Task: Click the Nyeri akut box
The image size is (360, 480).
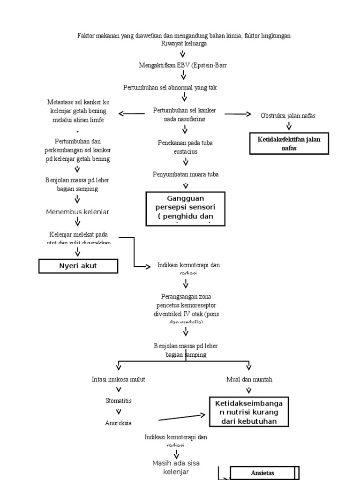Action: pyautogui.click(x=77, y=266)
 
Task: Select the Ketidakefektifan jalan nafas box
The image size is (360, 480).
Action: pyautogui.click(x=289, y=143)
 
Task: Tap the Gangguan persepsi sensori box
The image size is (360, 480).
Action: pyautogui.click(x=185, y=209)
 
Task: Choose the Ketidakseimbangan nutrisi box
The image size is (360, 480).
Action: pyautogui.click(x=249, y=412)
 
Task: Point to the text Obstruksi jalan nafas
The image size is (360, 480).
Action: pyautogui.click(x=288, y=116)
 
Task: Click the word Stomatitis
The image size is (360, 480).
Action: pyautogui.click(x=119, y=401)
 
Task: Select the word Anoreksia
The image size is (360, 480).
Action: pyautogui.click(x=119, y=423)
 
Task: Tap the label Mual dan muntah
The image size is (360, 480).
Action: pyautogui.click(x=249, y=379)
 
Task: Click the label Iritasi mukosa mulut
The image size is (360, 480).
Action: pyautogui.click(x=119, y=379)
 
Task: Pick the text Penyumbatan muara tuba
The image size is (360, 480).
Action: pyautogui.click(x=186, y=174)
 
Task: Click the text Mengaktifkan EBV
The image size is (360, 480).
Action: pyautogui.click(x=183, y=65)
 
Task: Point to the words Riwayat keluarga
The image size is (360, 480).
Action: pyautogui.click(x=183, y=44)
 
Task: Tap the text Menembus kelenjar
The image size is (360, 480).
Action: pyautogui.click(x=77, y=212)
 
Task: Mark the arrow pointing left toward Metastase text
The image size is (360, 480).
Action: pyautogui.click(x=132, y=113)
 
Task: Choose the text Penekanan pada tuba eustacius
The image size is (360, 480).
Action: pyautogui.click(x=185, y=147)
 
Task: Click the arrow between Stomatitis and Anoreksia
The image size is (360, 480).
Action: pyautogui.click(x=119, y=412)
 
